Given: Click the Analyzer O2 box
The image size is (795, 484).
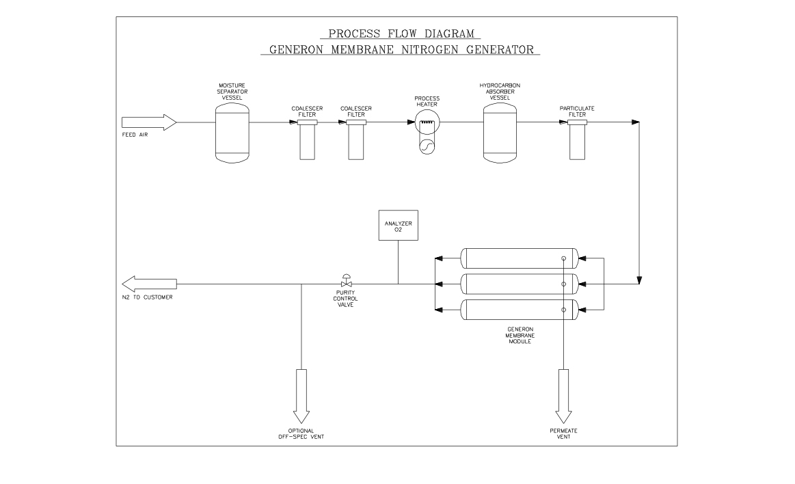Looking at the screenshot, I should pos(398,225).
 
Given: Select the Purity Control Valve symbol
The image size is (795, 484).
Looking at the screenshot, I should pos(347,282).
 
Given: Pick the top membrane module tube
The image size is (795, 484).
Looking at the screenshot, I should pos(520,258).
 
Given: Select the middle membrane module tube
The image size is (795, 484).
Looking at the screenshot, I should pos(520,283).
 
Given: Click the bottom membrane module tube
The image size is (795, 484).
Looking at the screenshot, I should pos(520,310).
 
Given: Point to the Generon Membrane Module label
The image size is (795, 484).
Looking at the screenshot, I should pos(520,335).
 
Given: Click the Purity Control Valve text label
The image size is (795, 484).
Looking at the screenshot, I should pos(347,299).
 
